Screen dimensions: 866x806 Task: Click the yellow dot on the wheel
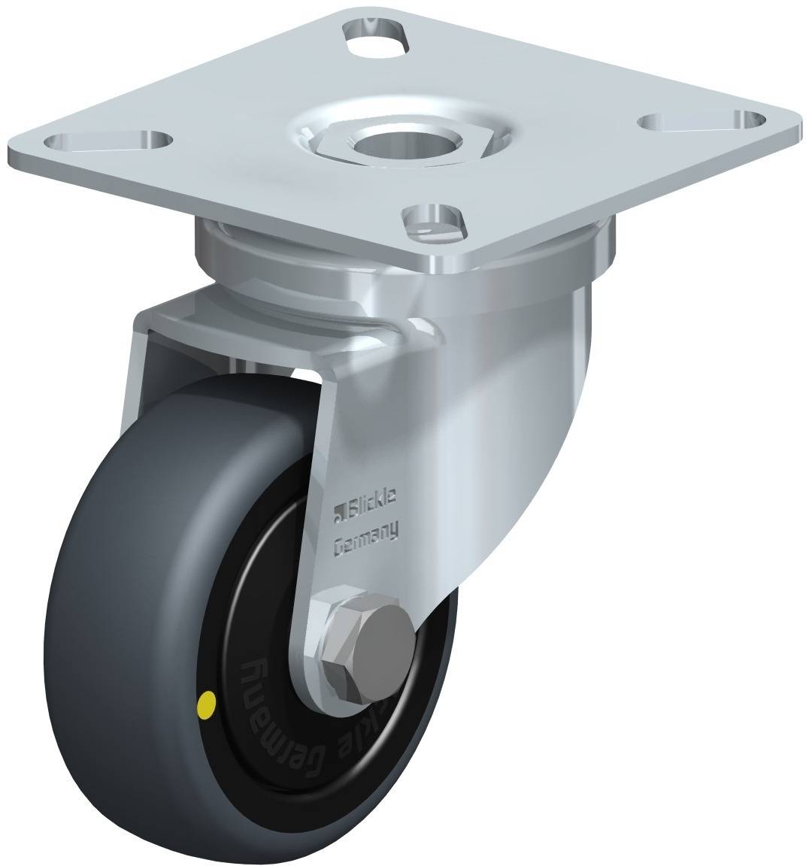coord(205,704)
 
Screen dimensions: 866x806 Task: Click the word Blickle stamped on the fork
coord(377,496)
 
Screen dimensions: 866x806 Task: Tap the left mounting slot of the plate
coord(107,141)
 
